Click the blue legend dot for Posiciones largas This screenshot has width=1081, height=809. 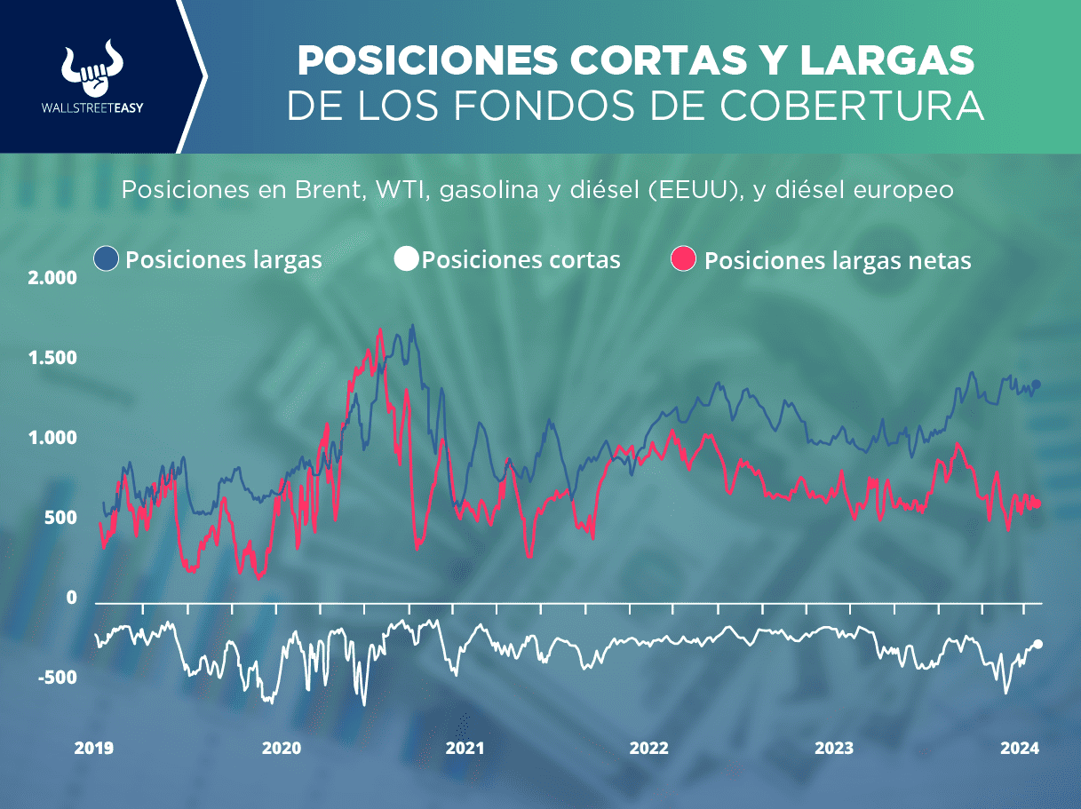(106, 259)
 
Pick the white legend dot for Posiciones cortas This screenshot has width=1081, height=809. (405, 259)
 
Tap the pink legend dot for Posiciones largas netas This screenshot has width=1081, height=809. (683, 259)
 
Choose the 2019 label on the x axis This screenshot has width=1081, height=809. (93, 748)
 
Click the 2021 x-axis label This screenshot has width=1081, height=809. (465, 748)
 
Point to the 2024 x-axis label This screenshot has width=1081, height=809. (1021, 748)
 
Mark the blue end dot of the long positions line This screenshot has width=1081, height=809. (1036, 384)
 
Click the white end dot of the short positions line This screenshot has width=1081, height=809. (1038, 644)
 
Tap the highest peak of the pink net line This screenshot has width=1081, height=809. (380, 330)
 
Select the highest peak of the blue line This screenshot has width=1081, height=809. (412, 326)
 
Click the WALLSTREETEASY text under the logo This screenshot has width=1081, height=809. (92, 108)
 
